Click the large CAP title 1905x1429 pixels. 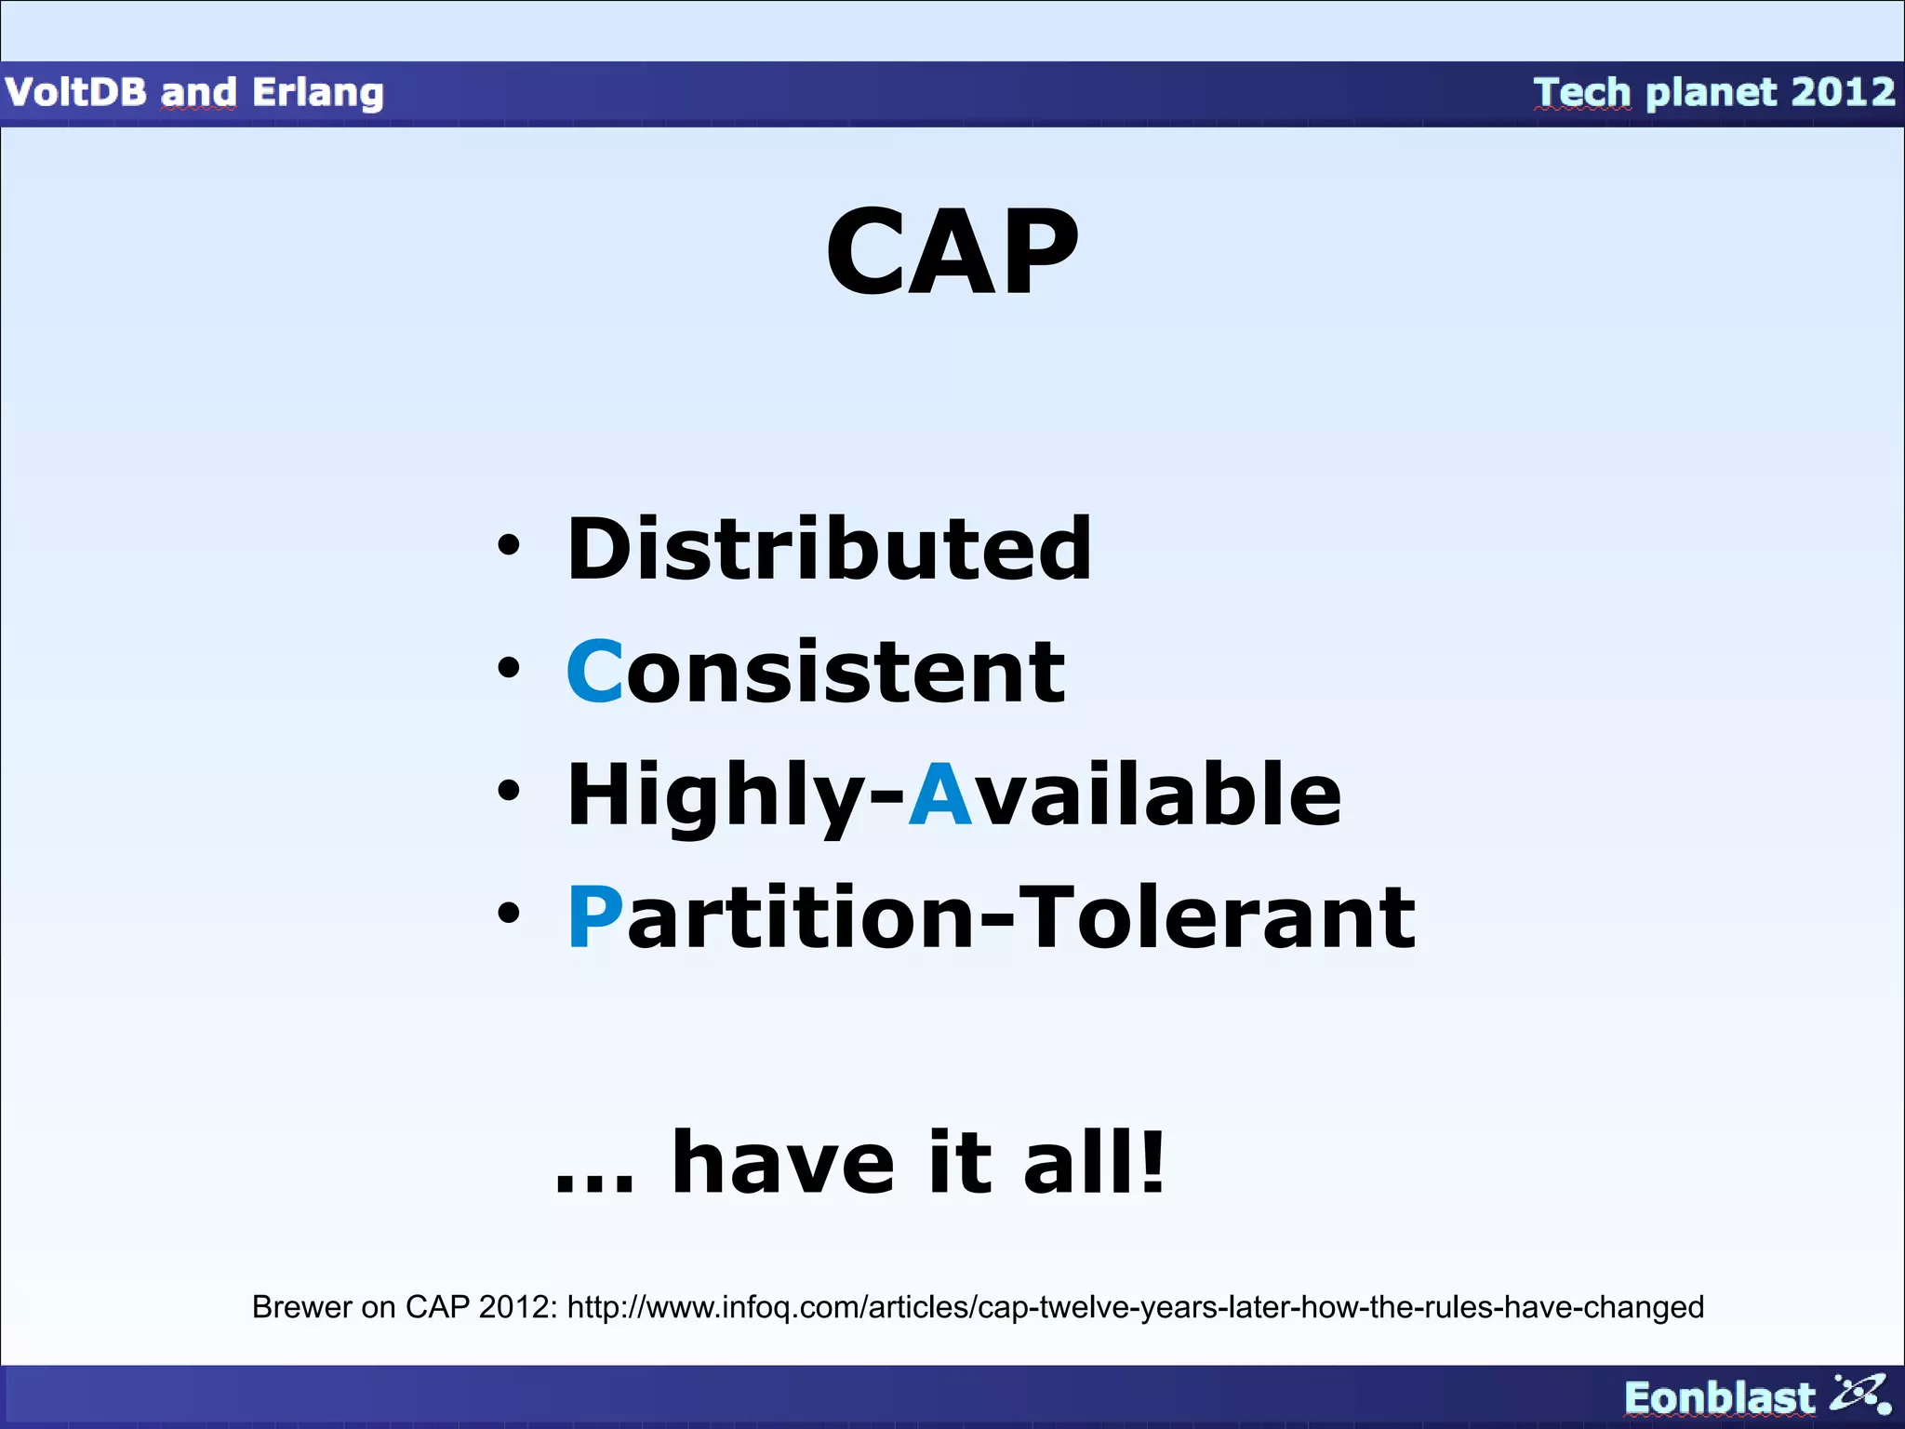(952, 253)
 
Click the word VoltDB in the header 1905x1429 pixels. (75, 92)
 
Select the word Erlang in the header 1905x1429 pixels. (317, 93)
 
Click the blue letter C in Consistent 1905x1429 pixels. (593, 671)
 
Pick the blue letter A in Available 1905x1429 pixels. (939, 794)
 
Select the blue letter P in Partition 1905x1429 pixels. (593, 917)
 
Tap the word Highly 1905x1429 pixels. (716, 795)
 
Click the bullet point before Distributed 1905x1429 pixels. (508, 546)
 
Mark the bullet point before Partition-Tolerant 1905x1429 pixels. (508, 914)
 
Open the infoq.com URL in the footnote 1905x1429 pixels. (1135, 1307)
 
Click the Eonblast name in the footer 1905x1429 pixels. (1719, 1398)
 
